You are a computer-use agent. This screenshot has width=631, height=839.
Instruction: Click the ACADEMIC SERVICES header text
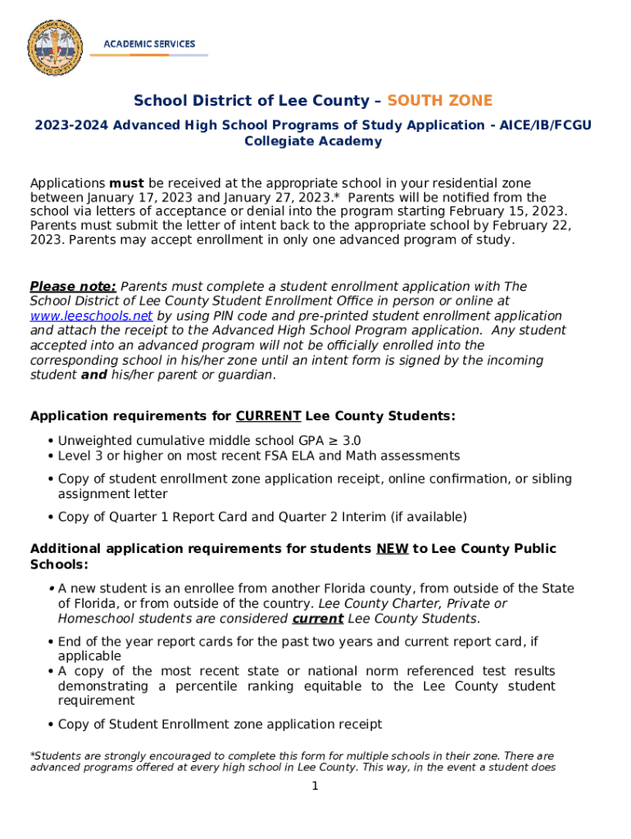[x=148, y=43]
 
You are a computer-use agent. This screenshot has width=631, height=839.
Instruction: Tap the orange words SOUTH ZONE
[x=439, y=101]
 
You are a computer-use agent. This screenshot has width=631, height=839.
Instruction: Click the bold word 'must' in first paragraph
[x=126, y=183]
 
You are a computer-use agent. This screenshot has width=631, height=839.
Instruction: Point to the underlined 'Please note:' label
[x=73, y=287]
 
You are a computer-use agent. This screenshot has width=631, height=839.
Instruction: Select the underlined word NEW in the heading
[x=392, y=549]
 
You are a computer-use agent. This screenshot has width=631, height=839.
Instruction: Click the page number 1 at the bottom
[x=314, y=787]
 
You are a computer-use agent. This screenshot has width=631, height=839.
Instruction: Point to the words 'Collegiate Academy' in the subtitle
[x=313, y=142]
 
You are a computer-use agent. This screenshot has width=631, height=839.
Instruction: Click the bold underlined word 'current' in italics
[x=317, y=619]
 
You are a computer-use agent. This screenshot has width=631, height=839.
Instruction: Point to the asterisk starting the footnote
[x=32, y=755]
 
